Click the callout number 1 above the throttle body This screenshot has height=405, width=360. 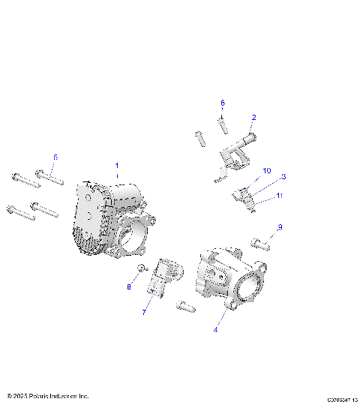[x=116, y=165]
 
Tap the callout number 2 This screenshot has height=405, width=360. [x=254, y=118]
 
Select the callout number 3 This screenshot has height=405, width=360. [x=284, y=177]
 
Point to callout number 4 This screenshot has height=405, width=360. [x=216, y=328]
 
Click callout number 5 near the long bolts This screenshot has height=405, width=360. [x=55, y=157]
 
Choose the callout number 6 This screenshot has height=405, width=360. [x=222, y=103]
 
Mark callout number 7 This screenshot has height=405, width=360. [x=145, y=311]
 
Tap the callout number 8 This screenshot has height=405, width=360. [x=128, y=286]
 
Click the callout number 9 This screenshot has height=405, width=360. [x=280, y=227]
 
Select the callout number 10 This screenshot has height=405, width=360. [x=267, y=172]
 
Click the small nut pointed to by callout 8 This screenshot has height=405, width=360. [x=140, y=268]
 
